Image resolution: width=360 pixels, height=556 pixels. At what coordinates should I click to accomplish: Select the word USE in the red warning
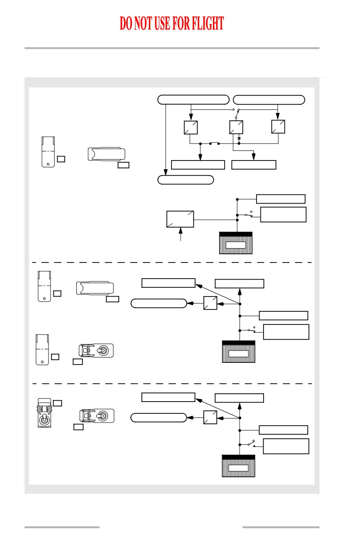[x=162, y=24]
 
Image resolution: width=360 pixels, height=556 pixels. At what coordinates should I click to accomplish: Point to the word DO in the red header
[x=126, y=24]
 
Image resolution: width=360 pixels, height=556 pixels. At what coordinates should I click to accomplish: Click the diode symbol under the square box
[x=239, y=138]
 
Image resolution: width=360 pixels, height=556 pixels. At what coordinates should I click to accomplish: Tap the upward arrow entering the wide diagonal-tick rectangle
[x=181, y=234]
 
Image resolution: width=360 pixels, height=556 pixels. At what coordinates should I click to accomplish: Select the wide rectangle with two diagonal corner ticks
[x=180, y=219]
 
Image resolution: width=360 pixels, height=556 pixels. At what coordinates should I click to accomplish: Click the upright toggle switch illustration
[x=44, y=413]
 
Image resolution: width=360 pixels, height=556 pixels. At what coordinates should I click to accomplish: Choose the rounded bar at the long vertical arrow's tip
[x=185, y=180]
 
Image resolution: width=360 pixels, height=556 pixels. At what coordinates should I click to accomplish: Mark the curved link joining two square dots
[x=214, y=143]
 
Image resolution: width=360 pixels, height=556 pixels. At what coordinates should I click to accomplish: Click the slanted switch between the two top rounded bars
[x=237, y=114]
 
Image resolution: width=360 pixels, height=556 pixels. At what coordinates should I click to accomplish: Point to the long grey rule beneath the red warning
[x=171, y=48]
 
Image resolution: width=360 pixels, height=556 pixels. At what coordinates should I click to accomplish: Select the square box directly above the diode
[x=236, y=127]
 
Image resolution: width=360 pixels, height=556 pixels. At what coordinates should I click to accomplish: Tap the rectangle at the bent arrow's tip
[x=254, y=165]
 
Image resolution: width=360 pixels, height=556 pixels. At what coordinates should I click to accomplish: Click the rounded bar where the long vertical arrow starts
[x=193, y=99]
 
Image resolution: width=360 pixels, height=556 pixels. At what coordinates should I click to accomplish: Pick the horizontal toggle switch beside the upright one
[x=97, y=416]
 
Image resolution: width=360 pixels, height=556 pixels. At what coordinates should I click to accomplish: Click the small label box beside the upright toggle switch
[x=58, y=403]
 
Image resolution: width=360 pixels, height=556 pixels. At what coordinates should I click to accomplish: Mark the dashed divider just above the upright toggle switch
[x=172, y=383]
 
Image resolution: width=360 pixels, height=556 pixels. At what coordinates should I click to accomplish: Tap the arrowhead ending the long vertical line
[x=165, y=172]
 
